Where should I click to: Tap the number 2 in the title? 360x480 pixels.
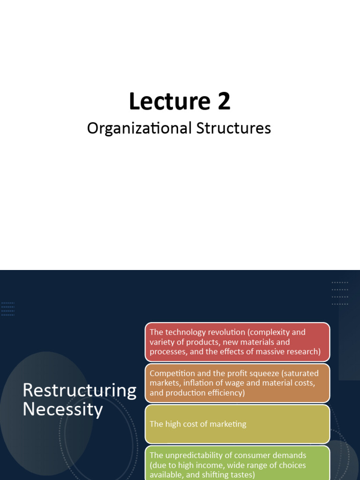pos(223,102)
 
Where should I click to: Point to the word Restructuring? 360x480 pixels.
pos(80,390)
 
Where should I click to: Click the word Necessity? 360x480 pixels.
pos(63,410)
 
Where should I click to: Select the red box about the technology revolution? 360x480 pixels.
pos(237,342)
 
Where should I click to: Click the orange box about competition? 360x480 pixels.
pos(237,383)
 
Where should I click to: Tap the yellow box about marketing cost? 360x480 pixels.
pos(237,424)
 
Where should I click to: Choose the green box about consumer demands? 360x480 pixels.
pos(237,463)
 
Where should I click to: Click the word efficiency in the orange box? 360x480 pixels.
pos(227,393)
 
